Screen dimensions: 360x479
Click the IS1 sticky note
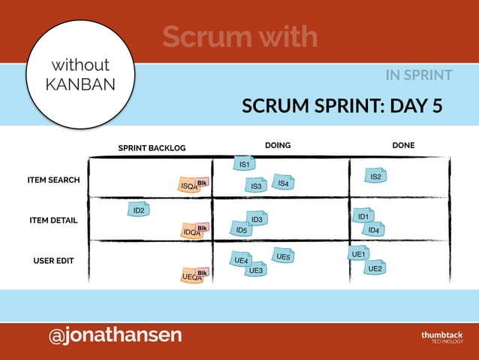pyautogui.click(x=245, y=164)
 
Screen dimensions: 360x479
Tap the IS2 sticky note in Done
pyautogui.click(x=376, y=177)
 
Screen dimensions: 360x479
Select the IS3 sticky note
pyautogui.click(x=255, y=186)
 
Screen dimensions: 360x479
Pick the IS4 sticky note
pyautogui.click(x=283, y=183)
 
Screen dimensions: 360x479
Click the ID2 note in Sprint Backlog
pyautogui.click(x=139, y=210)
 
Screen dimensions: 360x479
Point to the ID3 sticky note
pyautogui.click(x=257, y=219)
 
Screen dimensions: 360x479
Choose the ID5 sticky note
pyautogui.click(x=241, y=229)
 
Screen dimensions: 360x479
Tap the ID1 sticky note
pyautogui.click(x=363, y=216)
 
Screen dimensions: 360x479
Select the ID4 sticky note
pyautogui.click(x=374, y=229)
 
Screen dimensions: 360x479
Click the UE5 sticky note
pyautogui.click(x=282, y=256)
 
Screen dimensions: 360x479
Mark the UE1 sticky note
pyautogui.click(x=359, y=254)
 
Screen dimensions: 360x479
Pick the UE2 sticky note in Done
pyautogui.click(x=375, y=268)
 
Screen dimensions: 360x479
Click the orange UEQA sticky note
pyautogui.click(x=191, y=277)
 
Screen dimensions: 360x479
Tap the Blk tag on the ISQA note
pyautogui.click(x=202, y=183)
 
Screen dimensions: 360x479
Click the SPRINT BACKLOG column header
pyautogui.click(x=152, y=148)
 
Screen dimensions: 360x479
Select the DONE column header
pyautogui.click(x=403, y=145)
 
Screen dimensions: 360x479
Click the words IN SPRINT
pyautogui.click(x=418, y=75)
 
